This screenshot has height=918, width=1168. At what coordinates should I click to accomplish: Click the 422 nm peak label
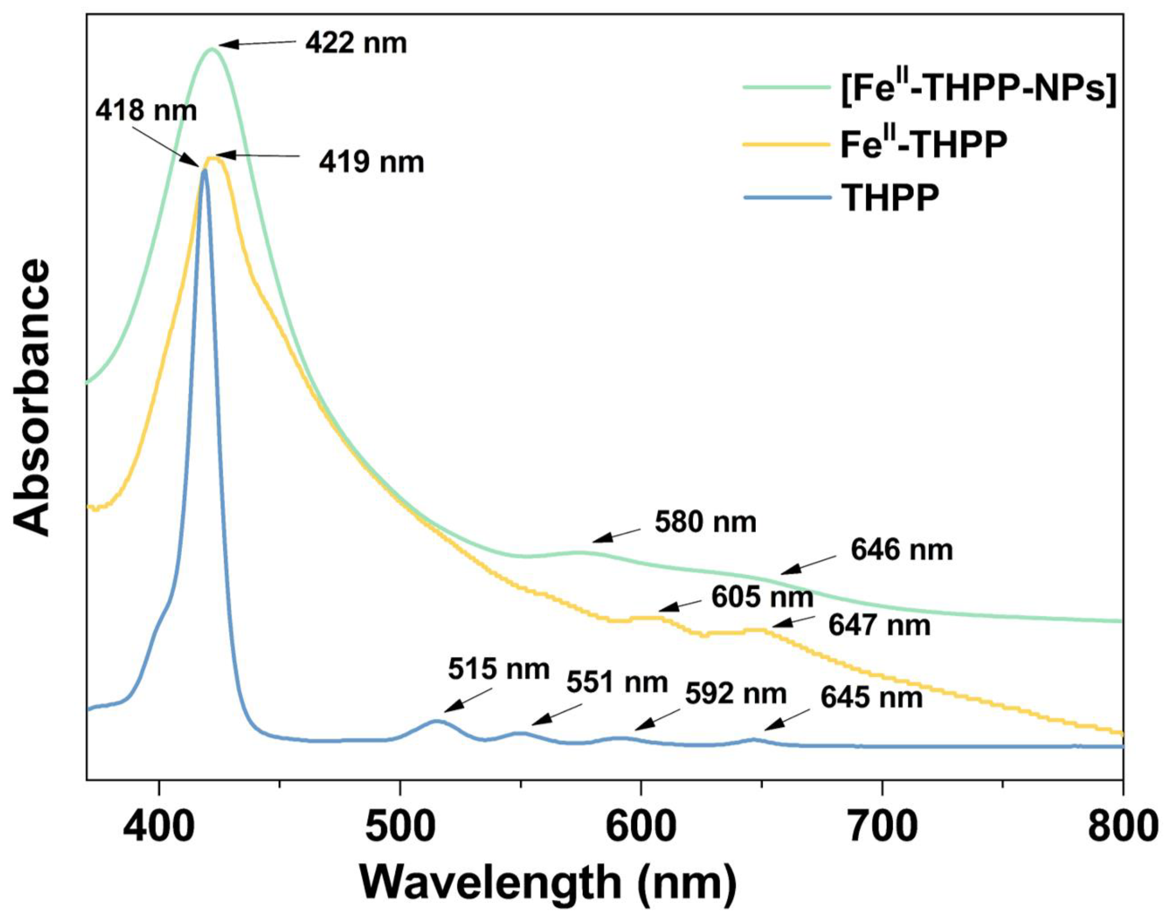[356, 43]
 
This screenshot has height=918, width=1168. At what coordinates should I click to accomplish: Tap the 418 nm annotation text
[146, 111]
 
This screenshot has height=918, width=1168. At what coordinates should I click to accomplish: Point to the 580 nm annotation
[705, 522]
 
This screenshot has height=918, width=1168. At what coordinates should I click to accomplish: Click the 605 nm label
[762, 597]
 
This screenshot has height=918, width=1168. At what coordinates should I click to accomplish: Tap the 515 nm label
[499, 669]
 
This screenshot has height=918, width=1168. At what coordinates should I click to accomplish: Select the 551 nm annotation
[617, 683]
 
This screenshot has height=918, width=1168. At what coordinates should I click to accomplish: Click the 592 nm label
[736, 694]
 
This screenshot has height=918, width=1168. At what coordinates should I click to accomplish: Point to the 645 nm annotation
[871, 698]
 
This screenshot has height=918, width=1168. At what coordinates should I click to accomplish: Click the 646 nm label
[901, 550]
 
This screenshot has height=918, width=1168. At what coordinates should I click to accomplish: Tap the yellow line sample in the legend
[786, 144]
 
